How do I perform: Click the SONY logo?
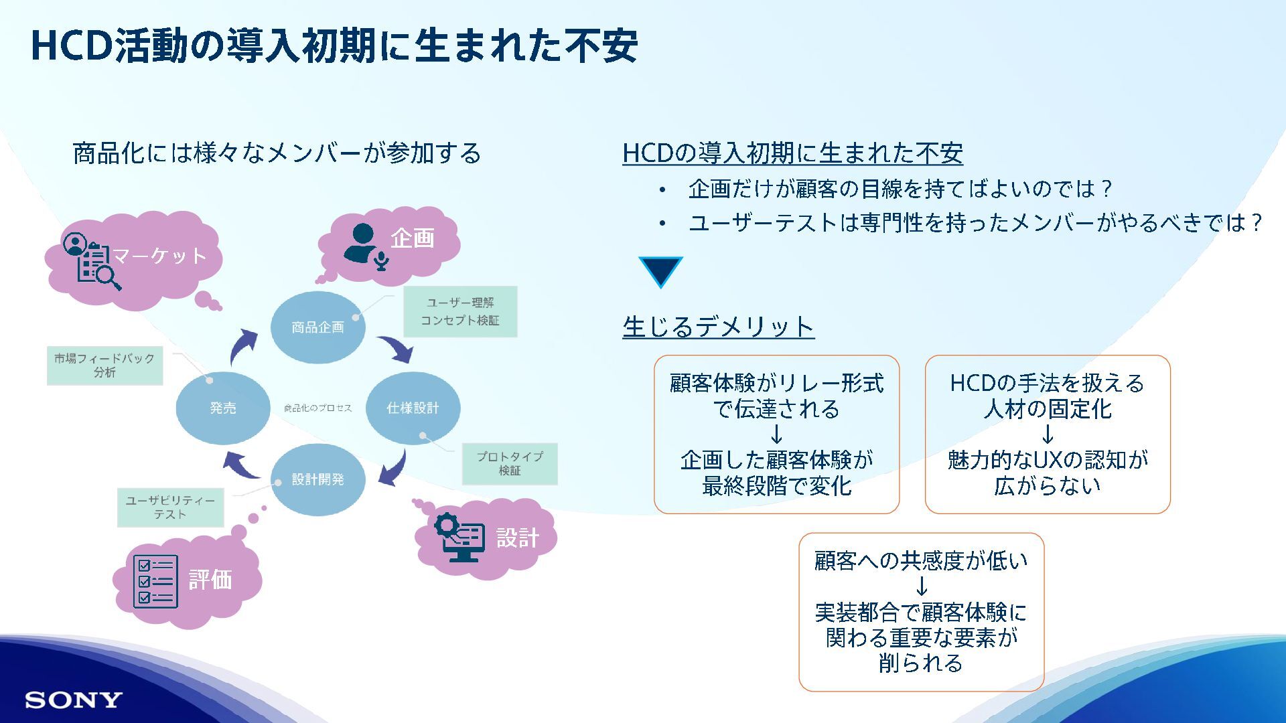[x=74, y=700]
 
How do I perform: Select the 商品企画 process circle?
[x=317, y=327]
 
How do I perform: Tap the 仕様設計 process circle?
[x=413, y=408]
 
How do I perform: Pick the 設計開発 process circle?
[x=317, y=479]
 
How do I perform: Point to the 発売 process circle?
[x=223, y=408]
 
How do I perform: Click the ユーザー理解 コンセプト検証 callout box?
[x=460, y=311]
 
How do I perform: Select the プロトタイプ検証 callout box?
[x=510, y=463]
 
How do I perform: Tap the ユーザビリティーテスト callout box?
[x=170, y=507]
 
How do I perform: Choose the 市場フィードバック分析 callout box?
[x=104, y=366]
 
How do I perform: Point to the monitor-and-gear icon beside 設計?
[x=460, y=537]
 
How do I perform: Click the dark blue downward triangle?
[x=660, y=270]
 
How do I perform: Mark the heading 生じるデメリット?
[x=718, y=327]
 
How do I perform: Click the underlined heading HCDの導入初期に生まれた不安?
[x=792, y=153]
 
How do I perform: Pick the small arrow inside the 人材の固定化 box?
[x=1048, y=435]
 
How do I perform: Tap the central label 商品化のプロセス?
[x=317, y=408]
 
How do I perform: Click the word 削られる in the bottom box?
[x=921, y=663]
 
